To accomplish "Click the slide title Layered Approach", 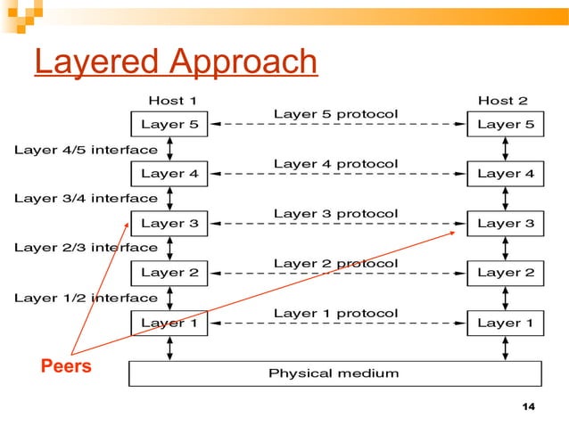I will [176, 62].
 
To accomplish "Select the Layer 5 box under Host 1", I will [169, 124].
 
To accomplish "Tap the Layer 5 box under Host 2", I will [505, 124].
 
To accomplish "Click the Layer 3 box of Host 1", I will [169, 223].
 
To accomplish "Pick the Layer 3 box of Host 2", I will [505, 223].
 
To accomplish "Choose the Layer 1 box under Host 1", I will [169, 323].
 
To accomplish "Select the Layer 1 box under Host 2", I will [505, 323].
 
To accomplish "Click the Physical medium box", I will [334, 373].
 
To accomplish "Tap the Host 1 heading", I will [173, 101].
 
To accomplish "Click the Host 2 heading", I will [502, 101].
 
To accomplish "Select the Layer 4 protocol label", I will [335, 164].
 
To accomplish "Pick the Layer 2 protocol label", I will [335, 264].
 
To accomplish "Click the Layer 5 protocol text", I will [335, 114].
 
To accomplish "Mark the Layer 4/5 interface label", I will [86, 150].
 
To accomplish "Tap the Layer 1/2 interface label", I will [86, 298].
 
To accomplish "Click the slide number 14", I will [527, 407].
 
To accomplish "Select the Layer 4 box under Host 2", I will [505, 173].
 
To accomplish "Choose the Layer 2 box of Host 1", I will [169, 273].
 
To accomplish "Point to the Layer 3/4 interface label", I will [86, 198].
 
